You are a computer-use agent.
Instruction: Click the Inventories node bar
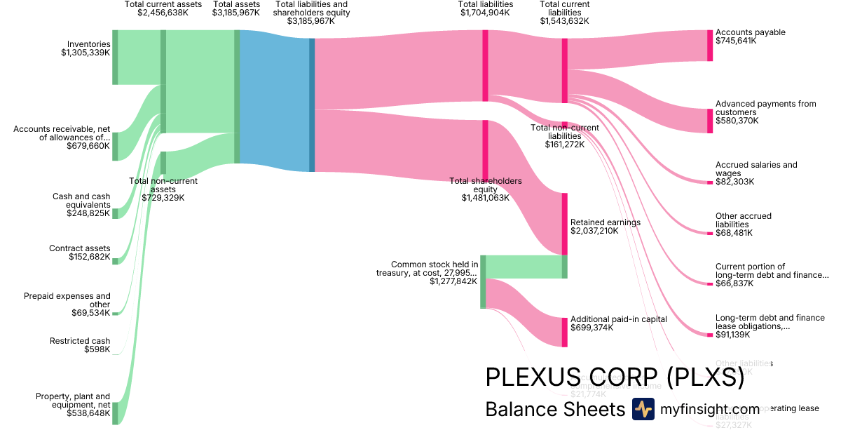(115, 58)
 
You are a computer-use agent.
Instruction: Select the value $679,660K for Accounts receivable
(88, 147)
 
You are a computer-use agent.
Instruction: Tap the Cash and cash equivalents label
(81, 201)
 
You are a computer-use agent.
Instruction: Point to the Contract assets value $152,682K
(90, 257)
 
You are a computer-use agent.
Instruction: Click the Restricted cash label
(80, 341)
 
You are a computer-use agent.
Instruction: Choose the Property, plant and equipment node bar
(115, 413)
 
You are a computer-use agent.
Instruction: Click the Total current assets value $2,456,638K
(163, 13)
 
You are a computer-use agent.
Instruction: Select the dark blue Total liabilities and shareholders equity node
(312, 105)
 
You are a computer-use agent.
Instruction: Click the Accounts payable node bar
(710, 46)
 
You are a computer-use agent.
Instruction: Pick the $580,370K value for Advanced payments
(736, 121)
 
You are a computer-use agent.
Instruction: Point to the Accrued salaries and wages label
(756, 169)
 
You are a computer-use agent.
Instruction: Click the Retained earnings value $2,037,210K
(594, 231)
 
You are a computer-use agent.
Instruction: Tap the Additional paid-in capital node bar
(564, 332)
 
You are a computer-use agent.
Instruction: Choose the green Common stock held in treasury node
(483, 281)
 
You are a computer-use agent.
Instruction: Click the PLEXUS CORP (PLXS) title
(614, 377)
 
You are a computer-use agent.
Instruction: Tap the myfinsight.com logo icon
(643, 409)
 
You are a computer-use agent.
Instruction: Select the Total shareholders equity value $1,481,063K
(485, 198)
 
